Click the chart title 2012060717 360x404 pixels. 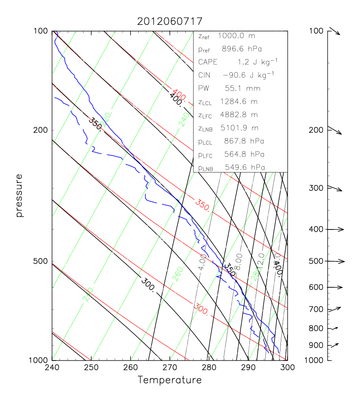click(x=170, y=21)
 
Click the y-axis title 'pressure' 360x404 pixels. click(x=19, y=195)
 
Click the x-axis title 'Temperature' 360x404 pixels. click(x=169, y=380)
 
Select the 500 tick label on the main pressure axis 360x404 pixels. click(x=41, y=261)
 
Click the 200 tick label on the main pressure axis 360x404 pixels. click(x=41, y=130)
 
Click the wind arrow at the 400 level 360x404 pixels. click(x=336, y=230)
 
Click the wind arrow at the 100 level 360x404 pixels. click(x=334, y=32)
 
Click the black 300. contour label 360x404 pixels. click(x=148, y=284)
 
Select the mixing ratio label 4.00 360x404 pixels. click(x=202, y=262)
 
